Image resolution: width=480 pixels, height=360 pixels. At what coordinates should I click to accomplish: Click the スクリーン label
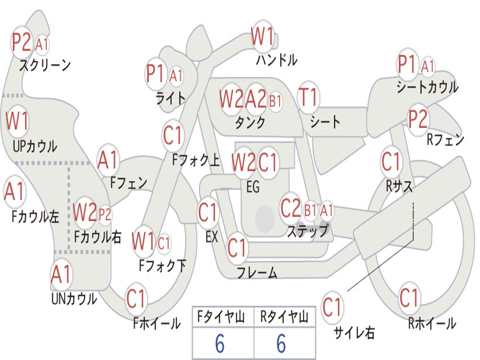(45, 65)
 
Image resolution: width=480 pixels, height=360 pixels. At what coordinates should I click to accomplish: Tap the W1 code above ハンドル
(262, 37)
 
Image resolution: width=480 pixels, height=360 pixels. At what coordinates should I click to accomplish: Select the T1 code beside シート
(308, 97)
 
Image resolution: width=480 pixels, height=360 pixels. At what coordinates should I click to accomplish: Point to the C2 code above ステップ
(291, 209)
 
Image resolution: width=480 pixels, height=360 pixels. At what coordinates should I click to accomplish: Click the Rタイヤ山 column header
(284, 318)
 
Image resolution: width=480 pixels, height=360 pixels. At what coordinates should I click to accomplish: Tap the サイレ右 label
(354, 333)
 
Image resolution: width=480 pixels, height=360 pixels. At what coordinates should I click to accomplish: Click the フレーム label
(257, 272)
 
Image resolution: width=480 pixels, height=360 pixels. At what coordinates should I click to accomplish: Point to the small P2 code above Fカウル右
(105, 215)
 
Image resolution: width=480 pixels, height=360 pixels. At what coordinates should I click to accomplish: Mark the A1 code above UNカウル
(61, 275)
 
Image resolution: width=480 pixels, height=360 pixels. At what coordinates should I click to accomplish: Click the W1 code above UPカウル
(17, 121)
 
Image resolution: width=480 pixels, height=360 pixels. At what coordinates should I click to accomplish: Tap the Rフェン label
(445, 139)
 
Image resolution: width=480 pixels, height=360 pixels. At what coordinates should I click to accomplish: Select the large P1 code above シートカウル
(406, 65)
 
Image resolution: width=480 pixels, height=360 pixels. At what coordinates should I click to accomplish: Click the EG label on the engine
(253, 187)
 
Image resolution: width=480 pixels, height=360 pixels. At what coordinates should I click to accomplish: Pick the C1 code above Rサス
(391, 162)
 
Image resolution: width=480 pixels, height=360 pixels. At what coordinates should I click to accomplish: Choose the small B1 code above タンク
(275, 100)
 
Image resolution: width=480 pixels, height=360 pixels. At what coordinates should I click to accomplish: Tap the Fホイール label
(157, 323)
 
